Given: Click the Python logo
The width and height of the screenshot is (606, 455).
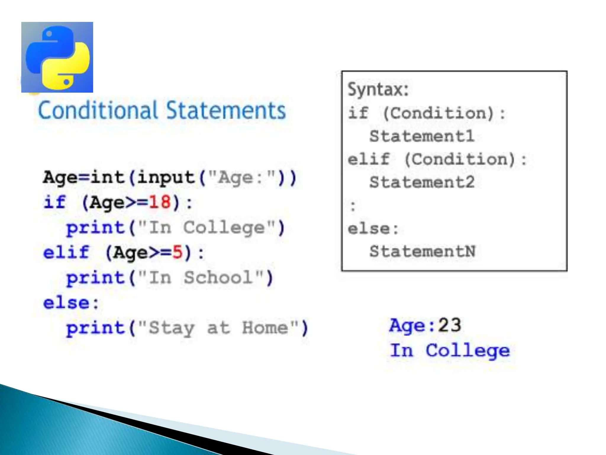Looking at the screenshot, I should pyautogui.click(x=57, y=57).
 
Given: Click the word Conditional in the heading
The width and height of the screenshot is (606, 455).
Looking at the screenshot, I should pyautogui.click(x=98, y=110).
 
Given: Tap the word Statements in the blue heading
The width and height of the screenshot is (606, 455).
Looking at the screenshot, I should pyautogui.click(x=226, y=110).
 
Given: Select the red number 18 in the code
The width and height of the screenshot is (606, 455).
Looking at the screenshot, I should pyautogui.click(x=160, y=203).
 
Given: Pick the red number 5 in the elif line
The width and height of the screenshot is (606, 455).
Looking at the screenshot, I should pyautogui.click(x=178, y=253).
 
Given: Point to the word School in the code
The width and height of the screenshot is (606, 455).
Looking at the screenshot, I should pyautogui.click(x=218, y=278).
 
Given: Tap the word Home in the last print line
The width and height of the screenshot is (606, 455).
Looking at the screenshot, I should pyautogui.click(x=265, y=328).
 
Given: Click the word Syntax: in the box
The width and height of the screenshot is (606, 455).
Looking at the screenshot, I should pyautogui.click(x=378, y=89).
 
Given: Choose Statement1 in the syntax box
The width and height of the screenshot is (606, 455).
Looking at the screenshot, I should pyautogui.click(x=422, y=136).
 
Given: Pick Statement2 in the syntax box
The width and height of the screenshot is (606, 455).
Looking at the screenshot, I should pyautogui.click(x=422, y=182).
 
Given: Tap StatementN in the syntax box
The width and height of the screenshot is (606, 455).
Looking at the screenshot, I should pyautogui.click(x=423, y=251).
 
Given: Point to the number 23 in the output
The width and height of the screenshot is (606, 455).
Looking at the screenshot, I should pyautogui.click(x=449, y=325).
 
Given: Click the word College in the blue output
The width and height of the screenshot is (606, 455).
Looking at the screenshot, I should pyautogui.click(x=468, y=351).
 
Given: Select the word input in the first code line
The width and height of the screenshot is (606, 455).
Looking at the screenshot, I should pyautogui.click(x=166, y=178).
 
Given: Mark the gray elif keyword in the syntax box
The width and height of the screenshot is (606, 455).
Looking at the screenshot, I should pyautogui.click(x=369, y=159).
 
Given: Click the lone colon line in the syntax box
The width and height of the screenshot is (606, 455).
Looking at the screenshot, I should pyautogui.click(x=352, y=206).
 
